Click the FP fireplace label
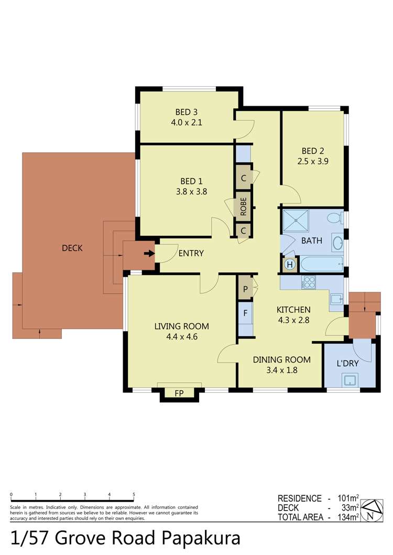coord(179,393)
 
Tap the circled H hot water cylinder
coord(289,265)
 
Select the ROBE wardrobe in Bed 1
coord(244,207)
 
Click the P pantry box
coord(245,288)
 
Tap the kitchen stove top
coord(309,282)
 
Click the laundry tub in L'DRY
coord(349,380)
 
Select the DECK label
coord(72,248)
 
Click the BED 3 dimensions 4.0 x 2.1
coord(187,123)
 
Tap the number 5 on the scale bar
coord(134,494)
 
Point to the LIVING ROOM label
coord(181,326)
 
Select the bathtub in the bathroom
coord(321,263)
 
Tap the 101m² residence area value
coord(347,498)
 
